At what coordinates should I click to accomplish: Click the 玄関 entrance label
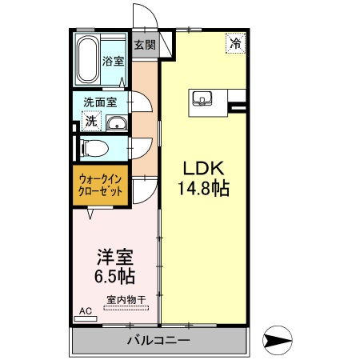point(145,45)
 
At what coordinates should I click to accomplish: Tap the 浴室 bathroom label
point(114,61)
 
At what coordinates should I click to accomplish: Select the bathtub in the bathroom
point(88,58)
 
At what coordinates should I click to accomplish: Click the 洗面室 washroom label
point(100,102)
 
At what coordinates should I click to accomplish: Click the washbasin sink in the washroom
point(117,122)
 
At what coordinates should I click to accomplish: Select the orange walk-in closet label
point(101,186)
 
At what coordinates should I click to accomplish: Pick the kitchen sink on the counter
point(202,99)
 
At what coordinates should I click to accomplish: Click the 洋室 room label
point(114,258)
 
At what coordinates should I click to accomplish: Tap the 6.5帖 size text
point(114,278)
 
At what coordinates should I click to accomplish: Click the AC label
point(86,311)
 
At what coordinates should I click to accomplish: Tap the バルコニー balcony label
point(158,342)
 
